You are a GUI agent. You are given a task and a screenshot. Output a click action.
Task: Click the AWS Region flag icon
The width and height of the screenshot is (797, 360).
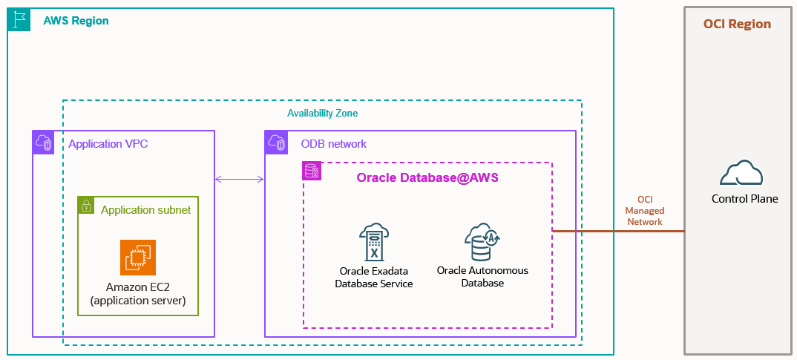coord(19,20)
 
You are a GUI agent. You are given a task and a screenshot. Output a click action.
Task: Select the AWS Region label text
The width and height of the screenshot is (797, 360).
coord(76,21)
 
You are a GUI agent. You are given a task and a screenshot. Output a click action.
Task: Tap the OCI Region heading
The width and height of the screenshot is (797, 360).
coord(737,24)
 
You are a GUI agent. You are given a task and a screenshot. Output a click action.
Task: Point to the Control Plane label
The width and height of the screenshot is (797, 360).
coord(744,198)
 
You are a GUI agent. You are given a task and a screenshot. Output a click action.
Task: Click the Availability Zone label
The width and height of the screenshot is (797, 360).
coord(322,114)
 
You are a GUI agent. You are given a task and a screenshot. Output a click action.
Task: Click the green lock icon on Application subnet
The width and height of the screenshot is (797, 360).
coord(87,206)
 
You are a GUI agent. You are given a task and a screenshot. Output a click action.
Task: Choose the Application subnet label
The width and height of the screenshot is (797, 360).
coord(145,210)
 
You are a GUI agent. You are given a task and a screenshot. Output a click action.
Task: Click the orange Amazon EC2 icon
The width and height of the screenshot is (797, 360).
coord(138,258)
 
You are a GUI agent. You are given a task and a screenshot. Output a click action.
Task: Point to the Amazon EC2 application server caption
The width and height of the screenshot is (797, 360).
coord(138,294)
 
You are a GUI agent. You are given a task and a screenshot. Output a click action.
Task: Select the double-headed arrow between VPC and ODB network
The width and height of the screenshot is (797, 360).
coord(240,179)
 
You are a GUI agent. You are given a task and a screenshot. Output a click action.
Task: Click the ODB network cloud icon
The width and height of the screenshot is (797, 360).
coord(277,143)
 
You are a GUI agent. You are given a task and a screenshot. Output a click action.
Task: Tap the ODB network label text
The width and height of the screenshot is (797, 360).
coord(333,144)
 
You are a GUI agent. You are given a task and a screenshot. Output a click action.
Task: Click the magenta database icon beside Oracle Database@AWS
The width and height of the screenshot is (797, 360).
coord(312,171)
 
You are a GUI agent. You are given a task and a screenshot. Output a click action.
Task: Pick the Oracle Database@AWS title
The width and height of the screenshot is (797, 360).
coord(427,177)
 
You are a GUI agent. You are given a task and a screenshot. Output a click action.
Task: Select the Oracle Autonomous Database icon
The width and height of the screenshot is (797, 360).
coord(482,240)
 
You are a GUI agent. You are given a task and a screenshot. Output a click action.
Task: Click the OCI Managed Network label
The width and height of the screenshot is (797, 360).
coord(644,211)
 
